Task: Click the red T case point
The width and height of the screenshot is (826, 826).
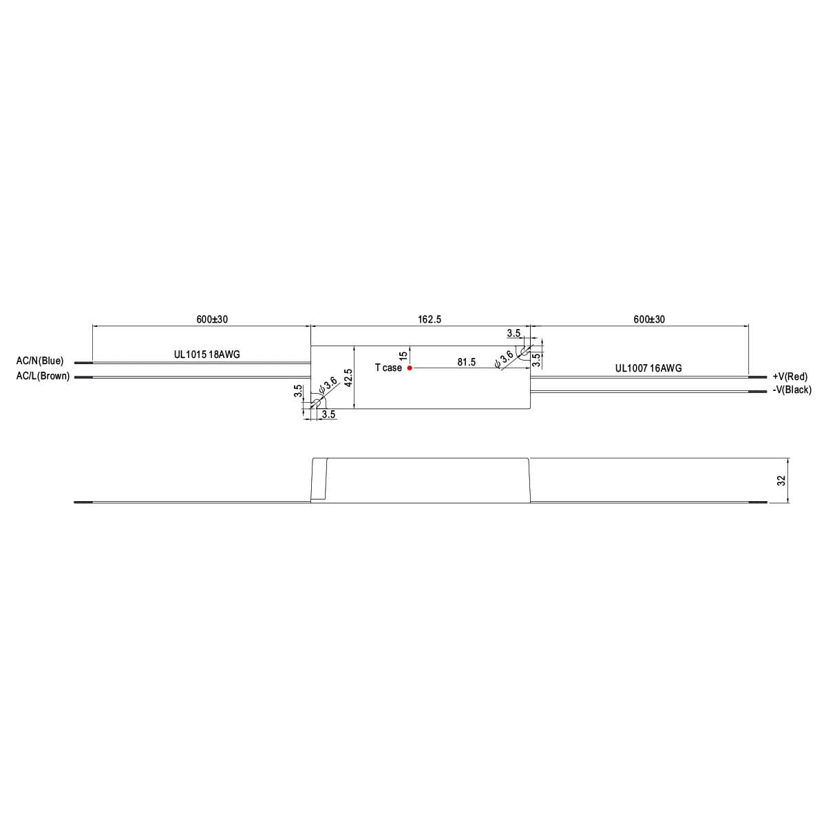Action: (410, 368)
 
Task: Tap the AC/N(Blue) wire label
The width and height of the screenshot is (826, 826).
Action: (40, 361)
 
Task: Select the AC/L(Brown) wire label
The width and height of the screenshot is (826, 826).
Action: (43, 376)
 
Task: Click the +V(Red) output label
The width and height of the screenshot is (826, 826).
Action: (790, 377)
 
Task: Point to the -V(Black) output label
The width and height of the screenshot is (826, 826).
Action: (792, 390)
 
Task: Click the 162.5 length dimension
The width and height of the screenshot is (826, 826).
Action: (430, 319)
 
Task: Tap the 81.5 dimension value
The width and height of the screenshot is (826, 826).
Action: (466, 362)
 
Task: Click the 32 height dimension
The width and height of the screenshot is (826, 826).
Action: (781, 480)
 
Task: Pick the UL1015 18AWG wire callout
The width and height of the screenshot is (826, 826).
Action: (206, 354)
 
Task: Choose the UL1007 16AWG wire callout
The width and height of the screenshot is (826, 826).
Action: (648, 368)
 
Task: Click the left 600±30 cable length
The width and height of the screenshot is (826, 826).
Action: (212, 319)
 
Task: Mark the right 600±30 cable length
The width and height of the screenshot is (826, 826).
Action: (649, 319)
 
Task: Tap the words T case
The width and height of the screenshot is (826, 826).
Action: (388, 368)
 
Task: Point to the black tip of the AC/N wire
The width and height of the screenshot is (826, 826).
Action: (83, 362)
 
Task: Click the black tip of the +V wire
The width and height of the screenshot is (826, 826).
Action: (757, 377)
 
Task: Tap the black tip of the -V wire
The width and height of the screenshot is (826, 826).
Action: (757, 392)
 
